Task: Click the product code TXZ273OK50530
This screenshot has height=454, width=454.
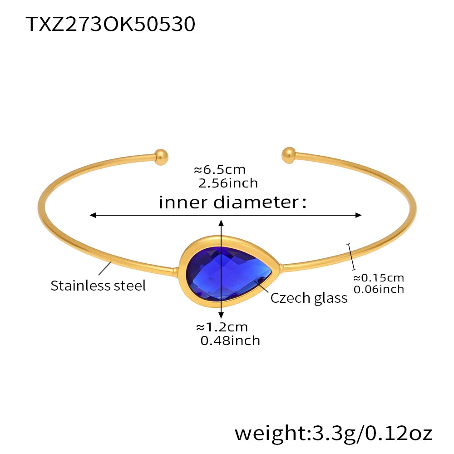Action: coord(110,24)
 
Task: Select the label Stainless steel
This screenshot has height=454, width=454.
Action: coord(98,286)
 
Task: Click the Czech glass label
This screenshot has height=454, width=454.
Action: coord(309,298)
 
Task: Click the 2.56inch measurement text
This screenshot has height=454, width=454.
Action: coord(228,183)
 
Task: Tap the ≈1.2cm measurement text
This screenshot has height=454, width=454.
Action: coord(222,327)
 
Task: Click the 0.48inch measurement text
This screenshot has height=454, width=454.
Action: coord(230,340)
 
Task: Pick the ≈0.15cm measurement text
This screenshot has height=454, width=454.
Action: coord(378,278)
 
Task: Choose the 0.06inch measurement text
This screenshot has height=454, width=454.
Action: coord(378,289)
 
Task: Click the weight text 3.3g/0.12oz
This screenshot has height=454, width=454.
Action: coord(333,433)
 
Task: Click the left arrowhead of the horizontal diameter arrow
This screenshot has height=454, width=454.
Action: coord(93,215)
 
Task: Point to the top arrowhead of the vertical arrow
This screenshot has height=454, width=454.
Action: coord(221,223)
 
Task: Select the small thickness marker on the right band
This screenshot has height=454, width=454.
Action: coord(351,257)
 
